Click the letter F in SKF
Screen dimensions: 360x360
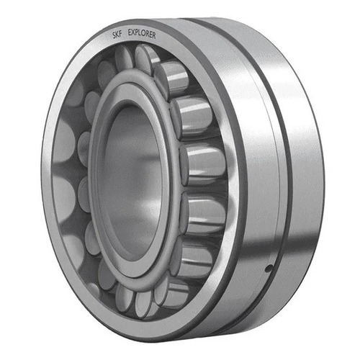pos(120,34)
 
